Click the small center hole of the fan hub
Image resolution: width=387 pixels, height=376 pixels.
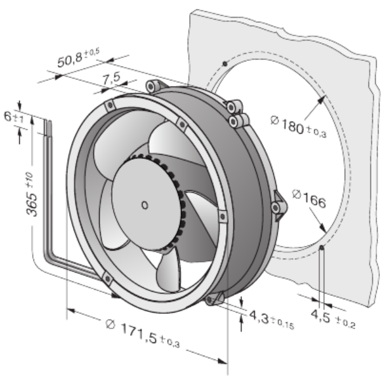coord(144,204)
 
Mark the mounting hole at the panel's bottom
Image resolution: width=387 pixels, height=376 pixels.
coord(322,249)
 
